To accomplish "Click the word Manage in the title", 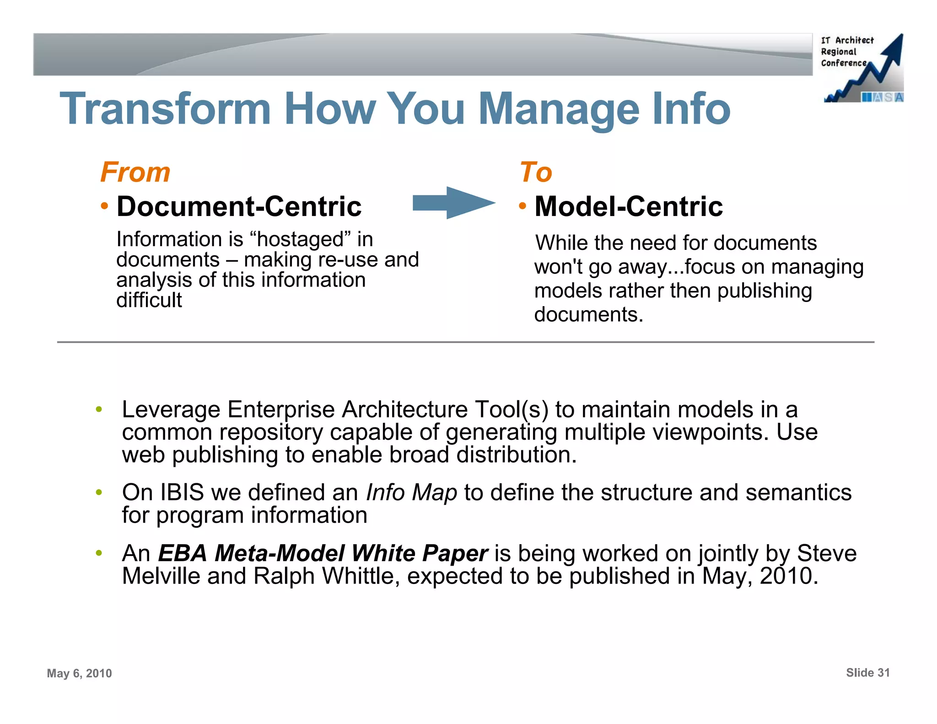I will [558, 110].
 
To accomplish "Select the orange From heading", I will [135, 173].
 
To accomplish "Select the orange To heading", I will [536, 173].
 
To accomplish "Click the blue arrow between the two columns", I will [453, 203].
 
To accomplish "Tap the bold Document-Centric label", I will [239, 206].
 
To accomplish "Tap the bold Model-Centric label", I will [629, 206].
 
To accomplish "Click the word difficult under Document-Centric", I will [149, 300].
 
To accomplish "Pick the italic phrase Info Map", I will [411, 493].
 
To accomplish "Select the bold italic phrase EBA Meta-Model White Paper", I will [323, 553].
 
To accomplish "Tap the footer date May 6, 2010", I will [79, 673].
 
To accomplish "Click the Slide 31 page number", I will [867, 673].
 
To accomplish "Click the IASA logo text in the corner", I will [883, 97].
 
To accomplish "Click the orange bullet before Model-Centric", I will [522, 206].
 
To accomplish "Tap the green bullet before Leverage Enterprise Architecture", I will [98, 409].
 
